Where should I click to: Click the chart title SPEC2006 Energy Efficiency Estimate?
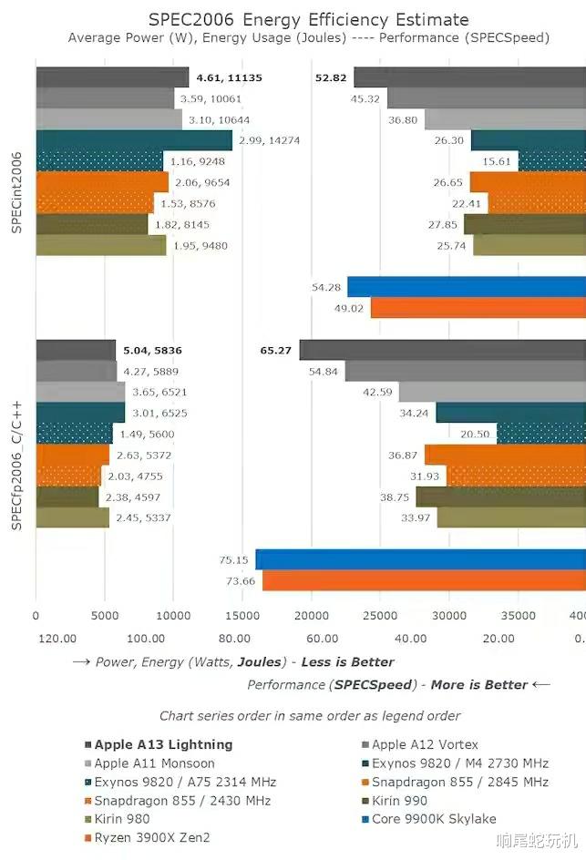[x=309, y=19]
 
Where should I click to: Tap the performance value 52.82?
[x=331, y=77]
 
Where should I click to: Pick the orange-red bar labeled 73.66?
[x=424, y=581]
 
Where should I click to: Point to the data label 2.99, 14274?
[x=269, y=140]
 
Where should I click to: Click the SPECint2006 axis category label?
[x=16, y=192]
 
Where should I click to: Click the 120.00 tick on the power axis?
[x=57, y=639]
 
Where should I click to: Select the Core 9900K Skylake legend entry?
[x=434, y=819]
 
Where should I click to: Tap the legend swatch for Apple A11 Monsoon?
[x=88, y=763]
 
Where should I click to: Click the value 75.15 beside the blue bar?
[x=234, y=560]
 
